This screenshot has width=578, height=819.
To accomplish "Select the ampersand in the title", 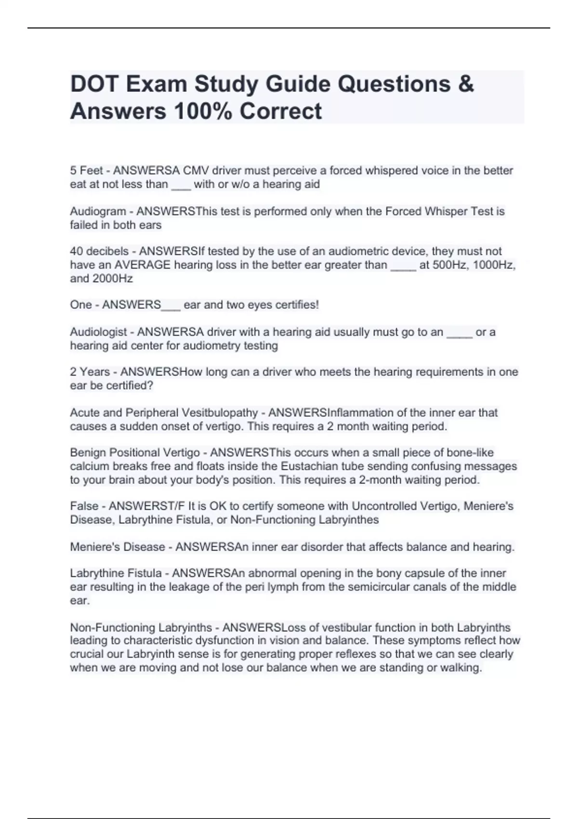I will (x=466, y=84).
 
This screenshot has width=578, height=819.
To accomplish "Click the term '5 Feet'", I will (x=86, y=171).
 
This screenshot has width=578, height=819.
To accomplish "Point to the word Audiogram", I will (x=98, y=211).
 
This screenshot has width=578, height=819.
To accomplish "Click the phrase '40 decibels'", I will (x=99, y=251).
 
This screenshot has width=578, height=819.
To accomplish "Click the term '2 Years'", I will (x=90, y=372).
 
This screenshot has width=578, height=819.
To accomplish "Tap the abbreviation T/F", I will (x=175, y=506).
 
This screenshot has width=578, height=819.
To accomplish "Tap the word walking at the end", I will (x=462, y=668).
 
